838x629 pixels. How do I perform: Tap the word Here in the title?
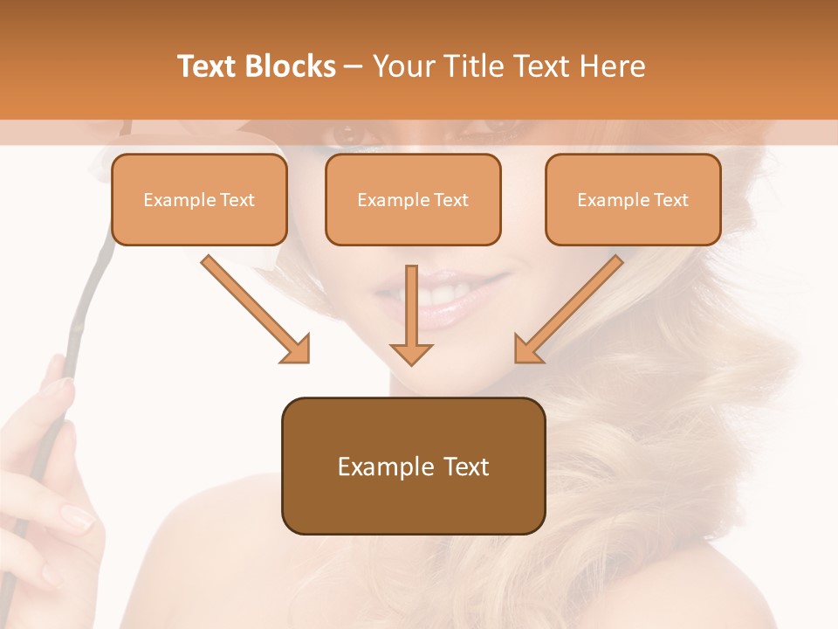pyautogui.click(x=612, y=66)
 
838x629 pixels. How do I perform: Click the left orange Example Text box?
pyautogui.click(x=199, y=200)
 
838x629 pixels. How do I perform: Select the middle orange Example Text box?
pyautogui.click(x=413, y=200)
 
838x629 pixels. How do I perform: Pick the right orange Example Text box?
pyautogui.click(x=633, y=200)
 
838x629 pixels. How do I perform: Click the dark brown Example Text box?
pyautogui.click(x=413, y=467)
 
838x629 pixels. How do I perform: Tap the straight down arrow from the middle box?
pyautogui.click(x=411, y=314)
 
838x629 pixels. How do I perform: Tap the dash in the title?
pyautogui.click(x=354, y=66)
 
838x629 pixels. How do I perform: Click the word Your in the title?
pyautogui.click(x=402, y=66)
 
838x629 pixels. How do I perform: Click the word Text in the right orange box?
pyautogui.click(x=670, y=200)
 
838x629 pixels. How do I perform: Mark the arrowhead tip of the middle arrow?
pyautogui.click(x=411, y=363)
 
